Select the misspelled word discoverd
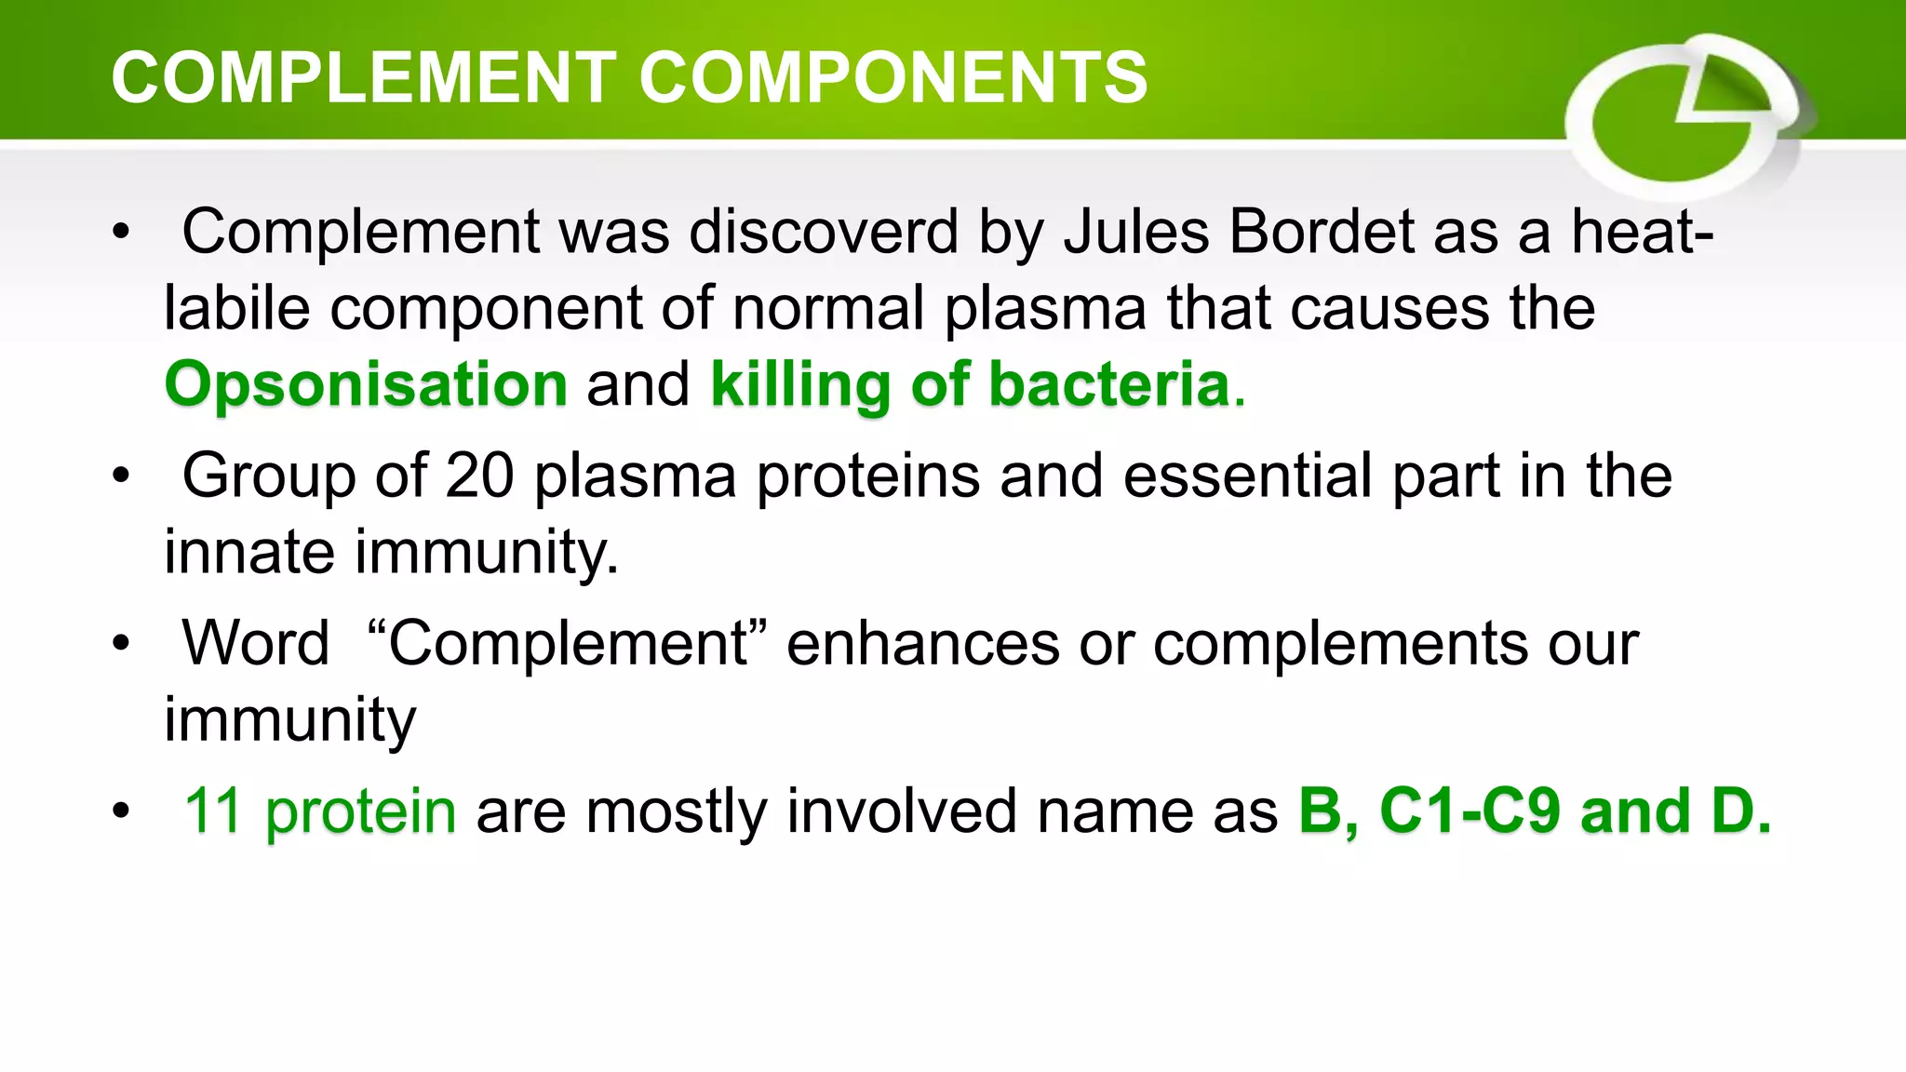824,232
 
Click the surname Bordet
1322,232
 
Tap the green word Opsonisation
366,385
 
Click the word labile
236,309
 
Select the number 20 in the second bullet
479,476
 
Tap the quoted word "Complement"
568,643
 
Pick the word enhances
922,643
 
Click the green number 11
213,811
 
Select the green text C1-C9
1470,811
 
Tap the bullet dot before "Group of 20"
120,476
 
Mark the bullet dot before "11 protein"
120,811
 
